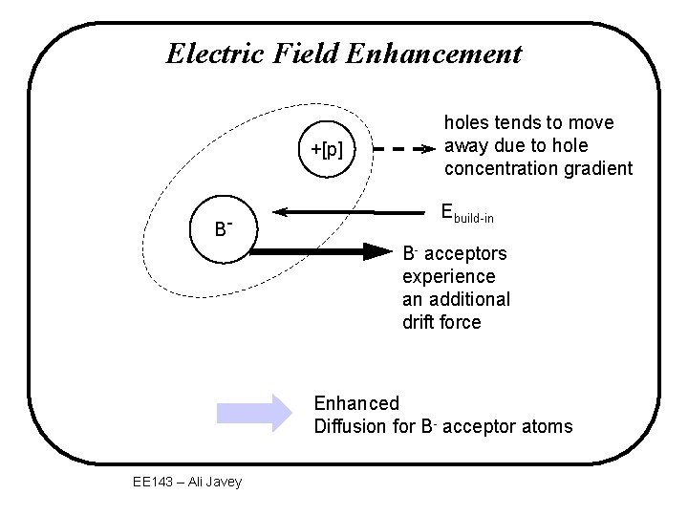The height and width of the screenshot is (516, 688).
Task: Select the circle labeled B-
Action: (221, 229)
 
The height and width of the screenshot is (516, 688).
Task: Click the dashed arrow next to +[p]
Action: (401, 150)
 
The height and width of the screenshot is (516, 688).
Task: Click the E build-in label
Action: (467, 214)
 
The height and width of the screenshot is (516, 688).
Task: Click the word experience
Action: (449, 276)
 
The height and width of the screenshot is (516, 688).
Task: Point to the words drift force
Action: (442, 322)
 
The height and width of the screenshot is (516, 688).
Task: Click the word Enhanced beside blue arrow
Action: (356, 403)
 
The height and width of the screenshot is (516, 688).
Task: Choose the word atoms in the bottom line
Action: (548, 426)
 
